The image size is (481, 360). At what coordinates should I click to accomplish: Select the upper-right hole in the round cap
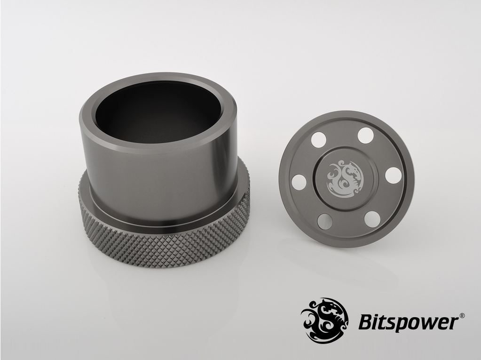point(366,136)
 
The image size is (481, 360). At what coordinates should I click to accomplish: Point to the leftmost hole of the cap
point(299,182)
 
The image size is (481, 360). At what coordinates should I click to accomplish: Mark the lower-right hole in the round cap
point(373,219)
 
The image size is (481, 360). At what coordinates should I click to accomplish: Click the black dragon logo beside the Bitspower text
point(324,320)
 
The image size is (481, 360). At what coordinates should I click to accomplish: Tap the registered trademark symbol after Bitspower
point(463,315)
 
